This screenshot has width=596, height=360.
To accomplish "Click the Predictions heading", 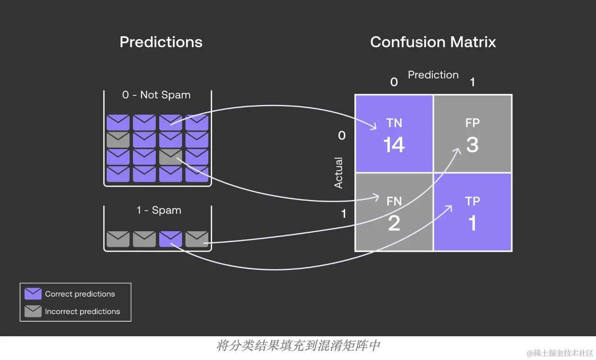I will [161, 42].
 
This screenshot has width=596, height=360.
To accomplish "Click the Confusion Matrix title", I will [433, 42].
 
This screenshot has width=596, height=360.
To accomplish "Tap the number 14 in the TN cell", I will [394, 145].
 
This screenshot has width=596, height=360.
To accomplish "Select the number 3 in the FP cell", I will [472, 145].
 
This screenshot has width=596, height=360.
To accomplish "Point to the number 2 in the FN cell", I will [394, 223].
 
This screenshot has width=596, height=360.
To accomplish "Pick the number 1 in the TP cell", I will [472, 223].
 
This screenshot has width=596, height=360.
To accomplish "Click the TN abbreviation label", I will [394, 123].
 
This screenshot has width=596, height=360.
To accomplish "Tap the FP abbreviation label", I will [472, 123].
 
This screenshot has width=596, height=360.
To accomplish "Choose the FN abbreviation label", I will [394, 201].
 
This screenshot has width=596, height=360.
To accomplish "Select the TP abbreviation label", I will [472, 201].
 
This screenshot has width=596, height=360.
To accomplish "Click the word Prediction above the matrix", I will [433, 75].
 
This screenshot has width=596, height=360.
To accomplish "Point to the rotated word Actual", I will [338, 172].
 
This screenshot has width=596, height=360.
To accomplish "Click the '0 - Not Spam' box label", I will [156, 95].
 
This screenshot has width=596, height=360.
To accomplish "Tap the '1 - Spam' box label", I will [159, 210].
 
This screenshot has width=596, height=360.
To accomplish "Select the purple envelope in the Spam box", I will [170, 239].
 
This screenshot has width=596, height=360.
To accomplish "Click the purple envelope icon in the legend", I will [33, 294].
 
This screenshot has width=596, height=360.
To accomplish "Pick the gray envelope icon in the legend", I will [33, 311].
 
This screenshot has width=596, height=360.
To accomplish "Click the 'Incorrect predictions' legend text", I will [83, 311].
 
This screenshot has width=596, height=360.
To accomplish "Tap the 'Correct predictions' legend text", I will [80, 294].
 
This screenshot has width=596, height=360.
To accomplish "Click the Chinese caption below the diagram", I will [298, 345].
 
